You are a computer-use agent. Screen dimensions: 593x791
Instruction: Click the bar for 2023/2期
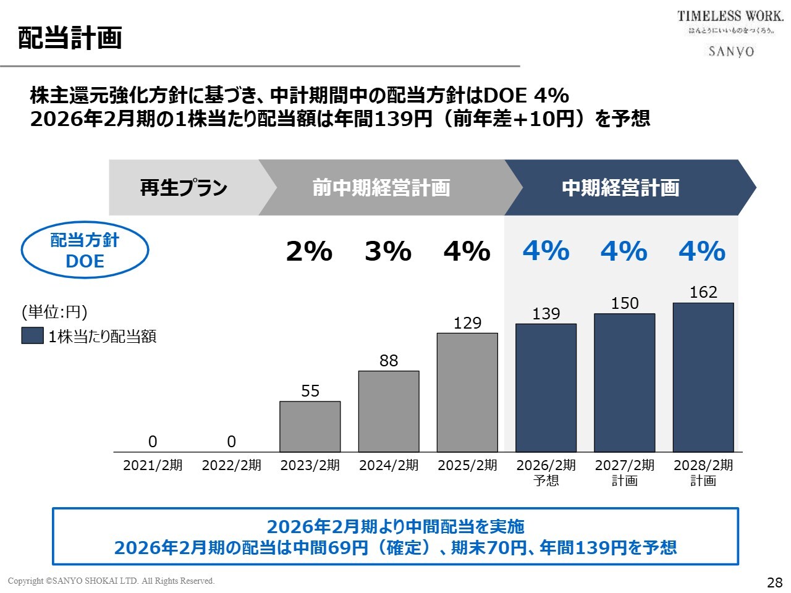(310, 427)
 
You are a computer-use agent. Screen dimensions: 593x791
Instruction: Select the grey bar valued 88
(389, 411)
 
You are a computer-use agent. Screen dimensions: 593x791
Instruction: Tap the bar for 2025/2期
(467, 393)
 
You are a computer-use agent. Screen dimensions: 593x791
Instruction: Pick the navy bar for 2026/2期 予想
(546, 388)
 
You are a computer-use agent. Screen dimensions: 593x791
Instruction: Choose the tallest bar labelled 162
(703, 377)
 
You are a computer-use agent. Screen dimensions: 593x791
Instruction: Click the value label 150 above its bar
(625, 303)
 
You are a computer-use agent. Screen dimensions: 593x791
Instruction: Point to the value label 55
(310, 391)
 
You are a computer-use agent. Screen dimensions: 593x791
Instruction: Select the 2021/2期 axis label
(153, 465)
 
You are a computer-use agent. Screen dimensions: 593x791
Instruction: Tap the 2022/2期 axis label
(232, 465)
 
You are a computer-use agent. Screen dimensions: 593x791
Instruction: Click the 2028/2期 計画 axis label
(703, 473)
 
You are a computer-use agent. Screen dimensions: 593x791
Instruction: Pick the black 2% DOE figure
(309, 251)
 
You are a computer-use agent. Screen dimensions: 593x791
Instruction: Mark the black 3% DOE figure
(388, 251)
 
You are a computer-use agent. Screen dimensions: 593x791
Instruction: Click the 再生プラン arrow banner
(184, 188)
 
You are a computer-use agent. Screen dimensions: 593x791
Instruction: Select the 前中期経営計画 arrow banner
(381, 188)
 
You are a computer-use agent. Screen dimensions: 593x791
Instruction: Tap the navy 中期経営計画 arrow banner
(620, 188)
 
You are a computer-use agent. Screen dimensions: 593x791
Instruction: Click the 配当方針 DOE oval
(85, 250)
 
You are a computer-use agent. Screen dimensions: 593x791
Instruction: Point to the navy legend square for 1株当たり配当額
(32, 335)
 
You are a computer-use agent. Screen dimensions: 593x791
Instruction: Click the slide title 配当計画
(70, 38)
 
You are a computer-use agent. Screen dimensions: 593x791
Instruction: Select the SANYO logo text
(731, 51)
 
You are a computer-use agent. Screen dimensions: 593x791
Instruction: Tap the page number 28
(774, 582)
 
